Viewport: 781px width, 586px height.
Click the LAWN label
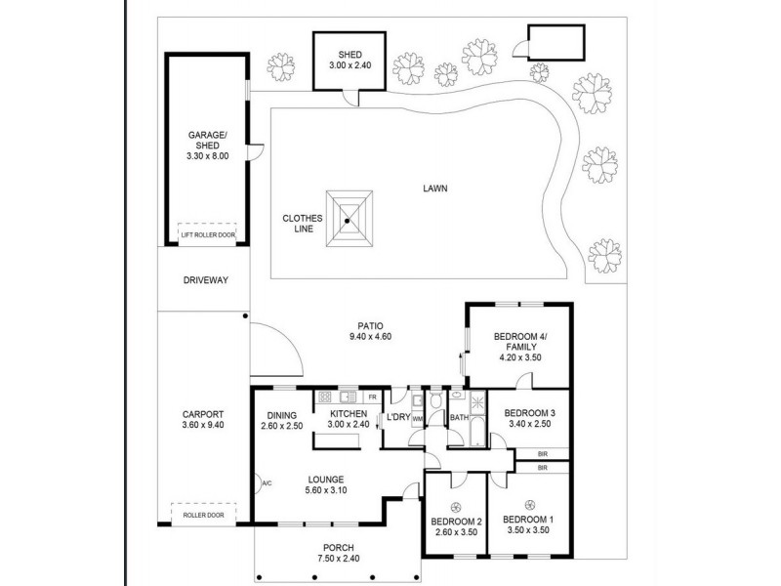[x=434, y=188]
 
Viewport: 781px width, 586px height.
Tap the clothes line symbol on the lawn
[x=349, y=218]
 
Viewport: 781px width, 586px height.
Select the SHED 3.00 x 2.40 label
[x=349, y=60]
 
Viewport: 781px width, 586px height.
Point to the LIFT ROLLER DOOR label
[x=208, y=234]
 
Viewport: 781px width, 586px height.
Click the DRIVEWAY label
[x=206, y=280]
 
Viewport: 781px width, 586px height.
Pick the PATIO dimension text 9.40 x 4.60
[x=370, y=337]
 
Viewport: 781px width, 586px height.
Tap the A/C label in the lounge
[x=267, y=483]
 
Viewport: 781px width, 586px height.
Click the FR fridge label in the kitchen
[x=372, y=398]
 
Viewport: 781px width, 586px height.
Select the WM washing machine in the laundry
[x=418, y=419]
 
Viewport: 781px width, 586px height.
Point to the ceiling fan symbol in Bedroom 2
[x=455, y=508]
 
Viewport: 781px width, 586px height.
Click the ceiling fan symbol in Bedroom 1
[x=529, y=504]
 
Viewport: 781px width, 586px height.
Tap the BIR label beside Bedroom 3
[x=543, y=454]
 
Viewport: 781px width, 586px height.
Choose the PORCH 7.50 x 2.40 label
[x=338, y=553]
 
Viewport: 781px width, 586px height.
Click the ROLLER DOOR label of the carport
[x=203, y=516]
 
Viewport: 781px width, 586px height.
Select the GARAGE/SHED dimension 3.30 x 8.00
[x=207, y=156]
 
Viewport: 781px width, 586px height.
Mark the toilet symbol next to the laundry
[x=435, y=400]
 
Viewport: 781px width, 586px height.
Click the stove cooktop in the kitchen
[x=325, y=398]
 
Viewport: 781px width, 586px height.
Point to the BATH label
[x=459, y=418]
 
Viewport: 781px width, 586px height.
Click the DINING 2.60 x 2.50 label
[x=281, y=421]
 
